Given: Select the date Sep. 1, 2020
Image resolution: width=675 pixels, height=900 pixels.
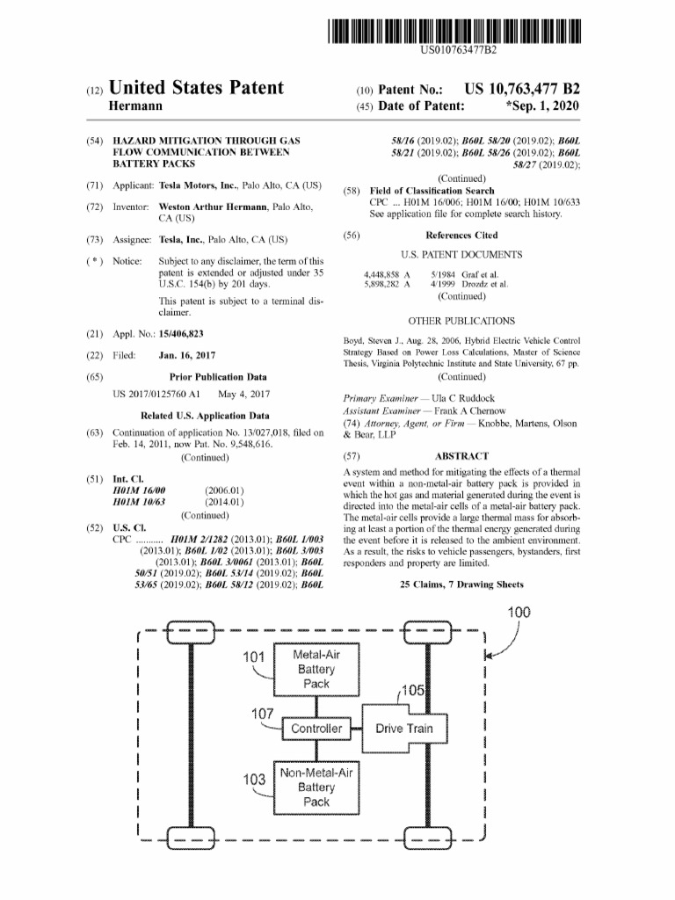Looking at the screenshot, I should pos(543,107).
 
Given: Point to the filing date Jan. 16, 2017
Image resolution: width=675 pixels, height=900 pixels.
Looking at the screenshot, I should pos(187,355).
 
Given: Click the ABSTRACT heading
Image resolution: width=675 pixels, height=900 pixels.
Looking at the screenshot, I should pos(461,456).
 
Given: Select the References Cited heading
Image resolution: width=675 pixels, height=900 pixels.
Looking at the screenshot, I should pos(461,236).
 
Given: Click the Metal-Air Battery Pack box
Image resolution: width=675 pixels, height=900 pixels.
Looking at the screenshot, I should pos(316,670).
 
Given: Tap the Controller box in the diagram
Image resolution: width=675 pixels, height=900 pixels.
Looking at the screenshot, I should pos(316,729).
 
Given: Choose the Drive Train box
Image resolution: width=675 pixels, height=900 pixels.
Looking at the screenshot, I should pos(403,729).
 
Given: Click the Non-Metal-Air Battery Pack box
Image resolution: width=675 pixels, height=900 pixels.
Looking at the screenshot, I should pos(316,787).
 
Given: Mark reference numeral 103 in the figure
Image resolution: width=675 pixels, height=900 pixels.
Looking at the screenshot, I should pos(255,780).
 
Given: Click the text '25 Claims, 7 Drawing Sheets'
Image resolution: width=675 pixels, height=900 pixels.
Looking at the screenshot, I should pos(461,584).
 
